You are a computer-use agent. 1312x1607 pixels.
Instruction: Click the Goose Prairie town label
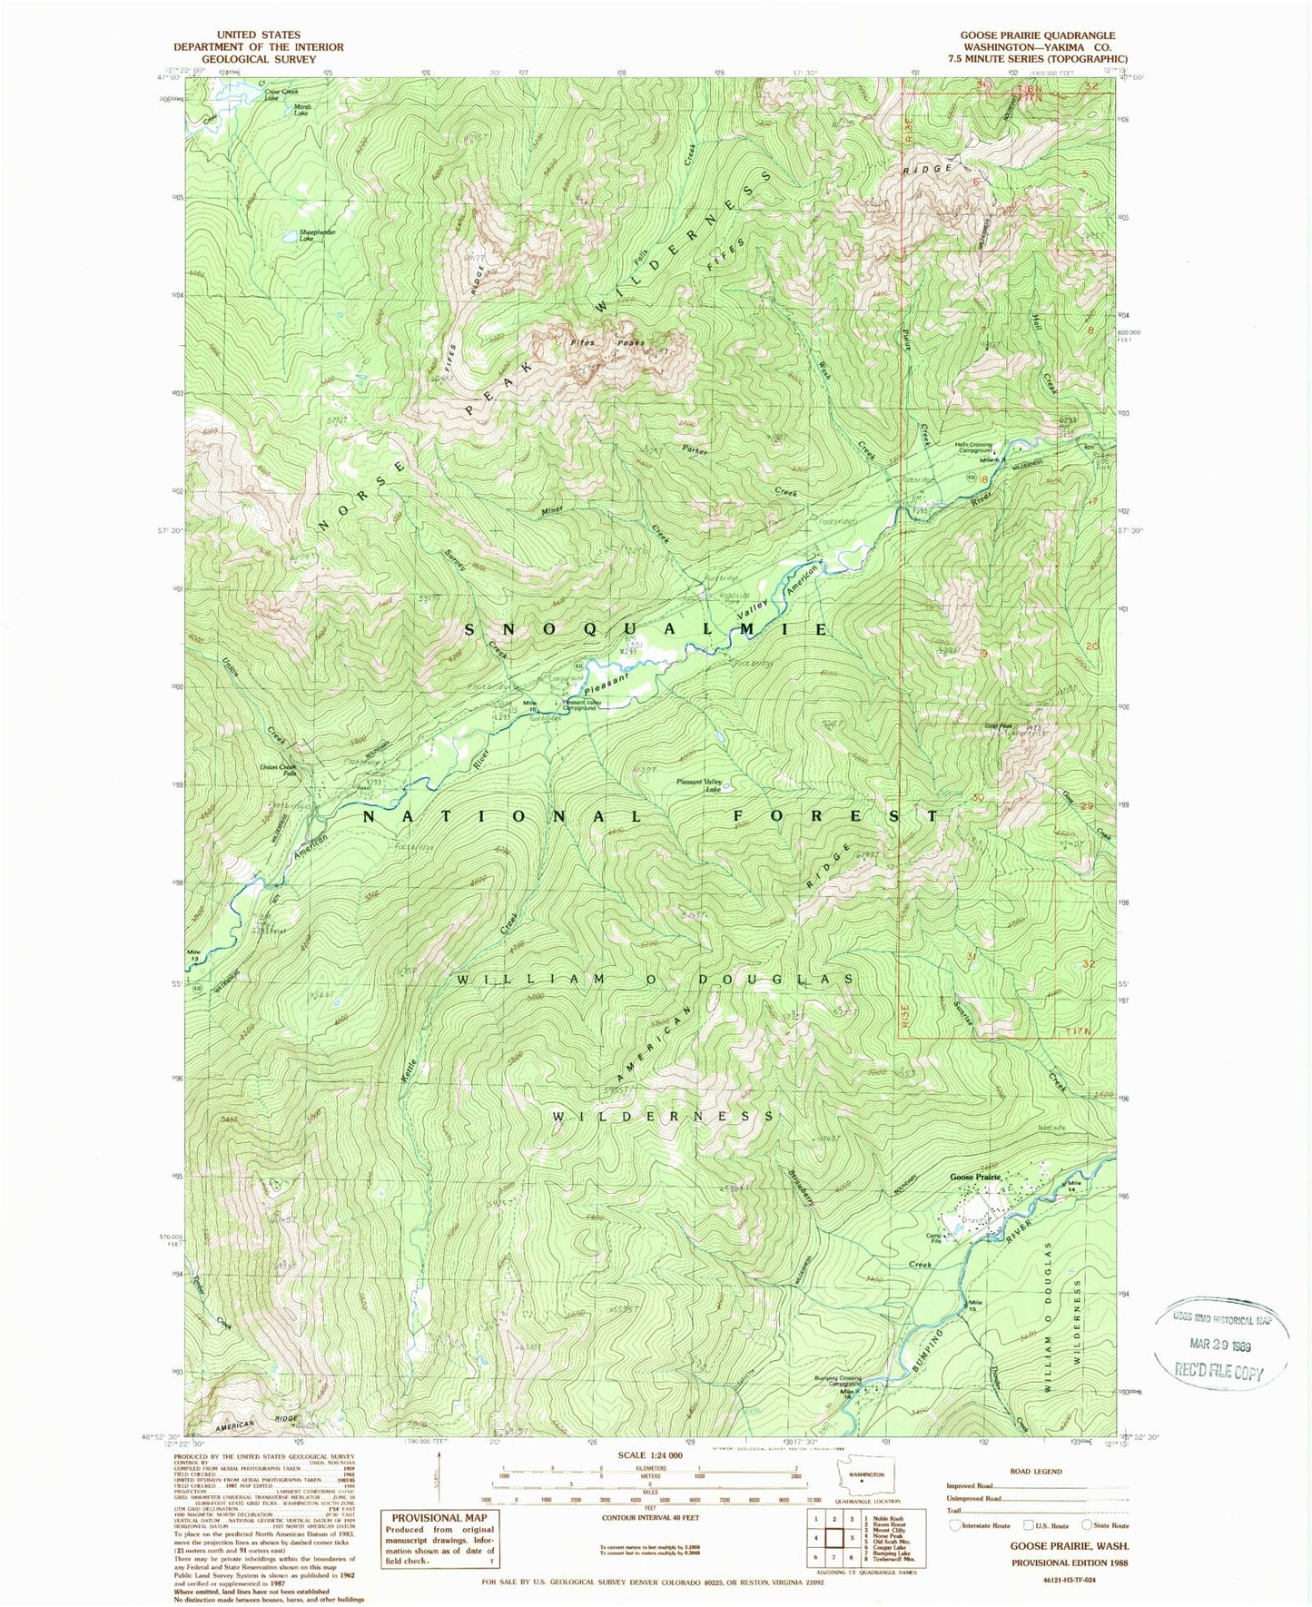point(974,1177)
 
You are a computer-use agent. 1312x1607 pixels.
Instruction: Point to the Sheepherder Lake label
point(318,234)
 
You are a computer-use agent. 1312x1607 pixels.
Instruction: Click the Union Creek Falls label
point(279,770)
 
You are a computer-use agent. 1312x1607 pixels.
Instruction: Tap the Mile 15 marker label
point(974,1306)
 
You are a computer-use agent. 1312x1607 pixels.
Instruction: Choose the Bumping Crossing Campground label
point(837,1381)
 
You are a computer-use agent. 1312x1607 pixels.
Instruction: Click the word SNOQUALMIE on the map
point(646,629)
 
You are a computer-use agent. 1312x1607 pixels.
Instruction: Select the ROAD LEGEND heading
point(1036,1472)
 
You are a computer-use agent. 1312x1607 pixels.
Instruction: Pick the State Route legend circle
point(1089,1525)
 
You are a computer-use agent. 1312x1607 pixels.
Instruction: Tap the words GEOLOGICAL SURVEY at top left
point(258,59)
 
